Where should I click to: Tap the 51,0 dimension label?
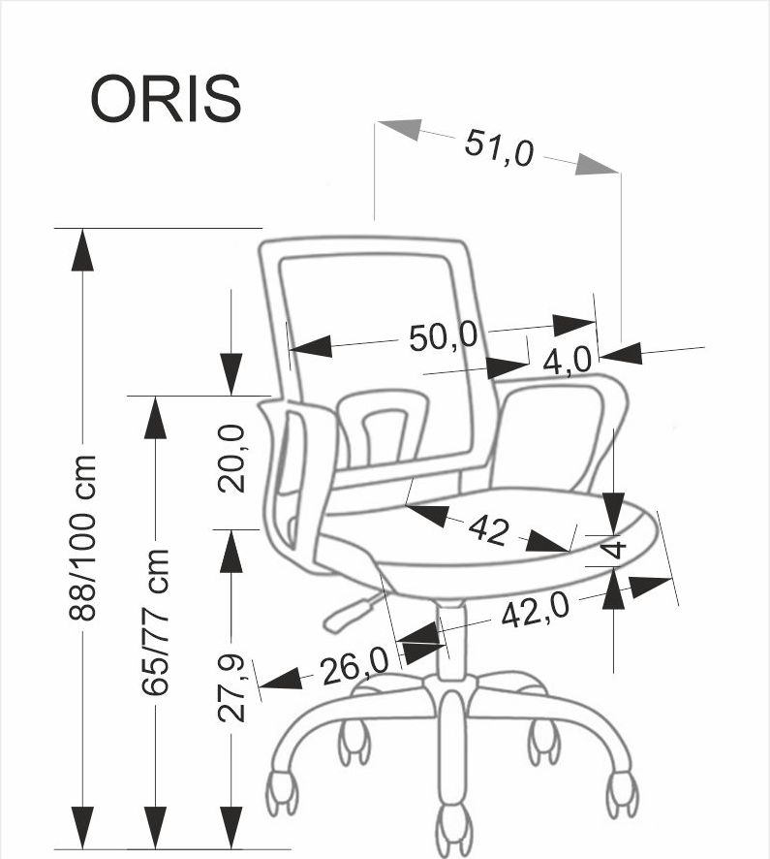[x=499, y=147]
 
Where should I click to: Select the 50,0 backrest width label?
[x=444, y=336]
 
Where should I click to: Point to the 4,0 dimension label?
[x=567, y=361]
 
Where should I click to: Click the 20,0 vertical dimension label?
[x=233, y=459]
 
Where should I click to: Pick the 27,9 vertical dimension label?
[x=232, y=687]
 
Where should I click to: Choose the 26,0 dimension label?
[x=354, y=667]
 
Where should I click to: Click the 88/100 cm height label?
[x=84, y=537]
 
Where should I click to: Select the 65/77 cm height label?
[x=156, y=621]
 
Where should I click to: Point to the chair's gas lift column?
[x=451, y=640]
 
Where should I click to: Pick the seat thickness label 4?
[x=614, y=548]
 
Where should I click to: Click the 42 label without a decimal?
[x=488, y=529]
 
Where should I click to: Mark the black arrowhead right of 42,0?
[x=650, y=586]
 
